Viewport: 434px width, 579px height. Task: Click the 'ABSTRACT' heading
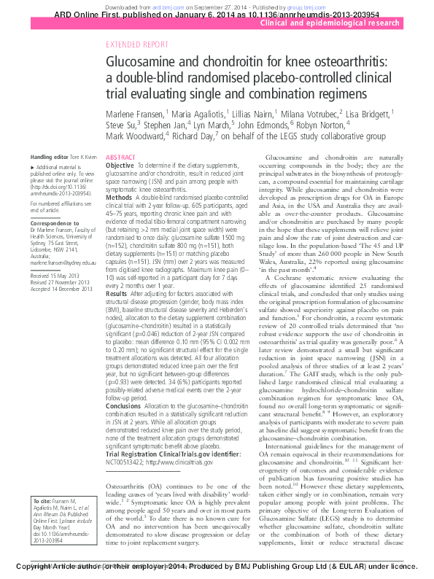coord(120,158)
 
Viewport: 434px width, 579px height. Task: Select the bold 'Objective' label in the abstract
coord(120,166)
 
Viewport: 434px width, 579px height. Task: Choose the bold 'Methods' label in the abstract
coord(119,198)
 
